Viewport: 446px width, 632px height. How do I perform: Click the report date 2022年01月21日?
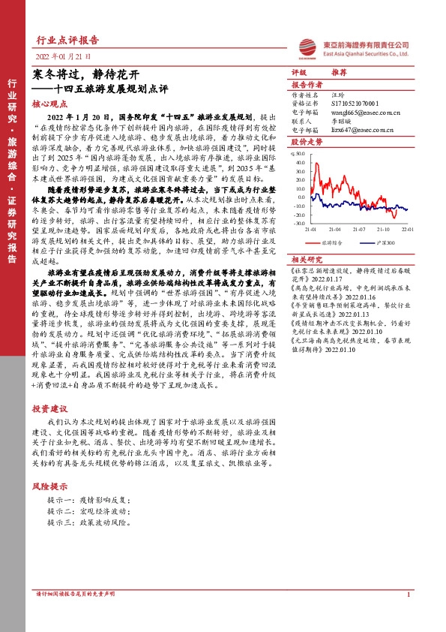pos(63,57)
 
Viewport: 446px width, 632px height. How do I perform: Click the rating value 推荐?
pos(339,74)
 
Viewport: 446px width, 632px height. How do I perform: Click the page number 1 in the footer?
pos(408,616)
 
